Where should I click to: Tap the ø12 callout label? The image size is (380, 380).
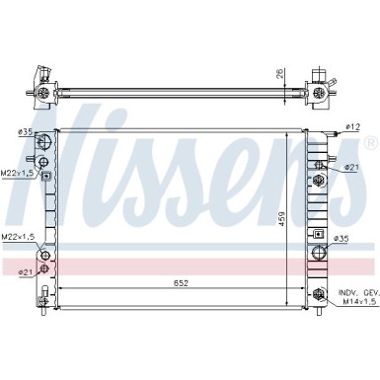tap(352, 127)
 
